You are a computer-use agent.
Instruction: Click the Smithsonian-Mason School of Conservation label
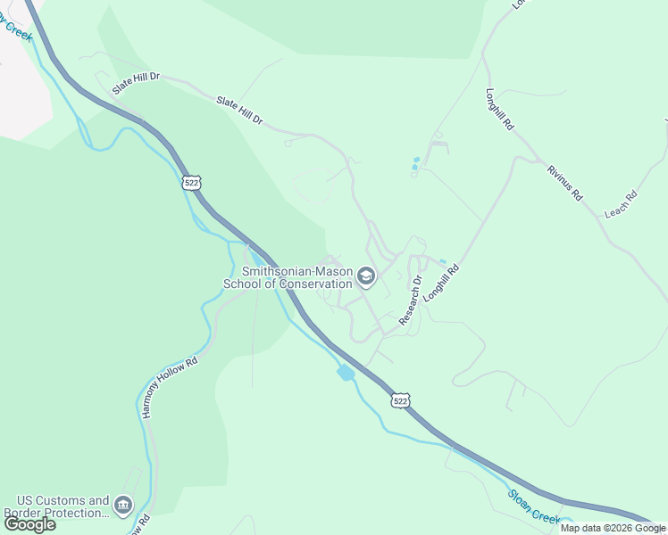pyautogui.click(x=288, y=277)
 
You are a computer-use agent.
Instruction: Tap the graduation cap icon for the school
pyautogui.click(x=365, y=277)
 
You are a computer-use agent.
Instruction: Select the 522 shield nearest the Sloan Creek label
pyautogui.click(x=400, y=401)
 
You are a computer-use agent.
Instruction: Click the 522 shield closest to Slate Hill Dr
pyautogui.click(x=191, y=182)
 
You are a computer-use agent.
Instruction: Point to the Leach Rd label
pyautogui.click(x=620, y=205)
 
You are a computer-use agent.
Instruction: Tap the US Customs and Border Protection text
pyautogui.click(x=56, y=506)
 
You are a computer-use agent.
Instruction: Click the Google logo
pyautogui.click(x=30, y=524)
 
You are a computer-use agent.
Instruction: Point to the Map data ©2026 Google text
pyautogui.click(x=613, y=528)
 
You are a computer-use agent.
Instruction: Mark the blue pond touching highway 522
pyautogui.click(x=346, y=372)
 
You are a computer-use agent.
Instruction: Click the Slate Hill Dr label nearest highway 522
pyautogui.click(x=136, y=85)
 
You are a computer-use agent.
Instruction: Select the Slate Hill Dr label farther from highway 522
pyautogui.click(x=239, y=111)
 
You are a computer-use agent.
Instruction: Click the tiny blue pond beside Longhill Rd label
pyautogui.click(x=443, y=261)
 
